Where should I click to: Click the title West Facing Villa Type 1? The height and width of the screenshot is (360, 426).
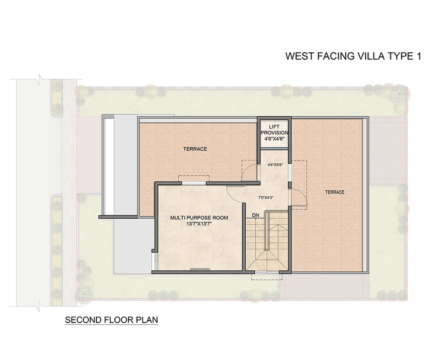(x=353, y=56)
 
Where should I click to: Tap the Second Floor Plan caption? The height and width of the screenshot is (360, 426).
(x=112, y=320)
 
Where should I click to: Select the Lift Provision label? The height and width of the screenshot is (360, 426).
(x=274, y=130)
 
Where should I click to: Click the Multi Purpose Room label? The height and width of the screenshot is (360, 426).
(x=199, y=218)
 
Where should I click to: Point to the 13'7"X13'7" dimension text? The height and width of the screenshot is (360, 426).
(x=199, y=224)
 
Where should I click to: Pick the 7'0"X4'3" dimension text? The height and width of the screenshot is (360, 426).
(x=266, y=198)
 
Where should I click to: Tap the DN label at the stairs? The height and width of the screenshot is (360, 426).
(x=256, y=215)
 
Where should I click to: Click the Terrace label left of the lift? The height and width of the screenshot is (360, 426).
(x=195, y=149)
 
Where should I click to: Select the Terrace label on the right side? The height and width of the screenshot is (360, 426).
(x=335, y=192)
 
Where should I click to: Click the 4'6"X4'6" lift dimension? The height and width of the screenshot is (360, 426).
(x=274, y=139)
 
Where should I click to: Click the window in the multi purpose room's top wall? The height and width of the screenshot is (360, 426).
(x=194, y=183)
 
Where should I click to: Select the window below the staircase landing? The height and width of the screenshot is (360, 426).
(x=267, y=272)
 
